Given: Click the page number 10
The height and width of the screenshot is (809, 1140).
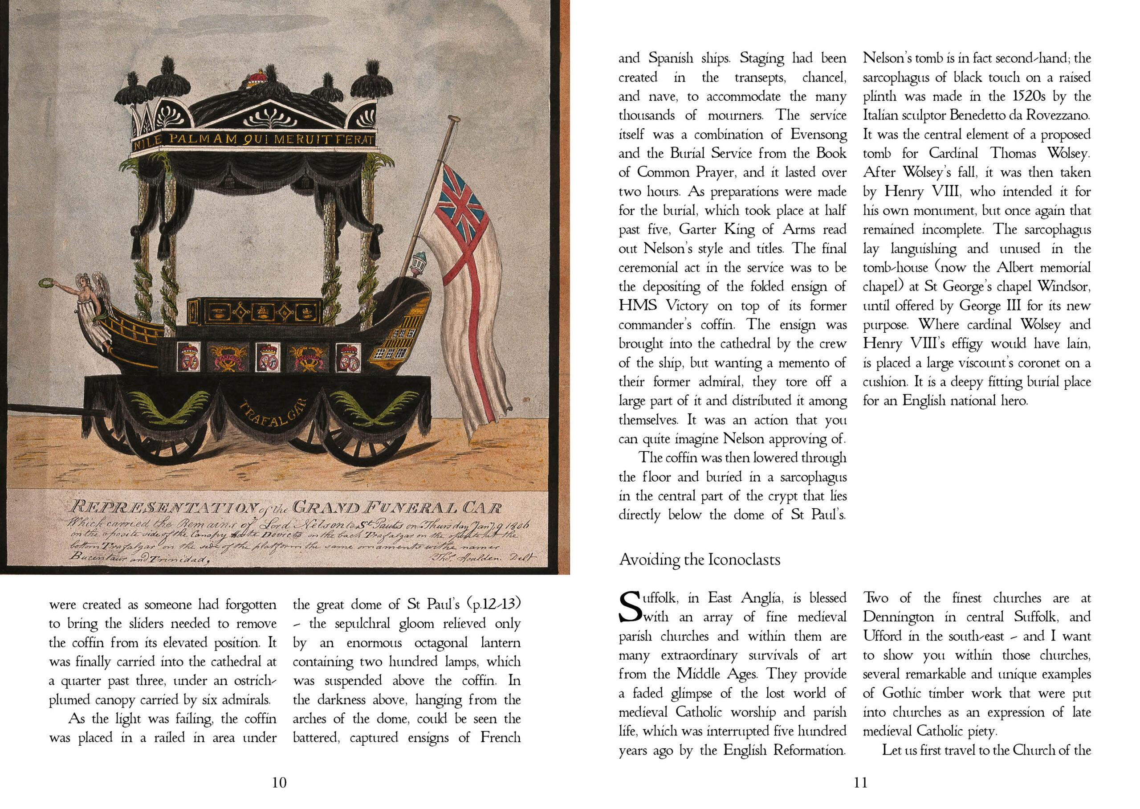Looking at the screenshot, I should [280, 783].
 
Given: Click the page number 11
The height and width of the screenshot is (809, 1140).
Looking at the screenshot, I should [860, 783].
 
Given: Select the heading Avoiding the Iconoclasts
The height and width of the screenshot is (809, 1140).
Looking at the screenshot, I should [700, 560].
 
